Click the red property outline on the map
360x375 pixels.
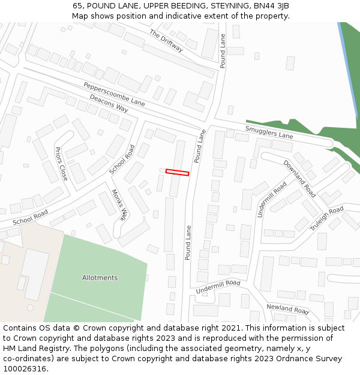point(177,173)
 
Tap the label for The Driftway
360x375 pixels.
point(166,40)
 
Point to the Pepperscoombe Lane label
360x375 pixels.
point(114,94)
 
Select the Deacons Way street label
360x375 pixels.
point(109,103)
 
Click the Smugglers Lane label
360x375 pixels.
point(269,132)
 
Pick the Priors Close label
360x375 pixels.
point(61,163)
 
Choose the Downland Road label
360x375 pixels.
point(299,178)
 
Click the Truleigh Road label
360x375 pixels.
point(326,218)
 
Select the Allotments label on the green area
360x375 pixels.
point(100,278)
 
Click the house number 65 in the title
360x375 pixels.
point(78,5)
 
